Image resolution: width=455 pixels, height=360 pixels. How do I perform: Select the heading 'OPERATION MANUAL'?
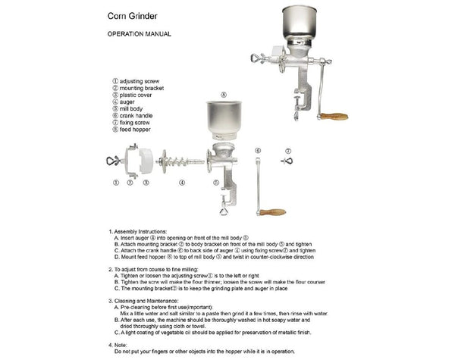pyautogui.click(x=139, y=34)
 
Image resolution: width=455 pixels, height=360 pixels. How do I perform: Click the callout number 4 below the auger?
pyautogui.click(x=182, y=183)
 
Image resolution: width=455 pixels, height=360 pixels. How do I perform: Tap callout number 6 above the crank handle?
pyautogui.click(x=258, y=151)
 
